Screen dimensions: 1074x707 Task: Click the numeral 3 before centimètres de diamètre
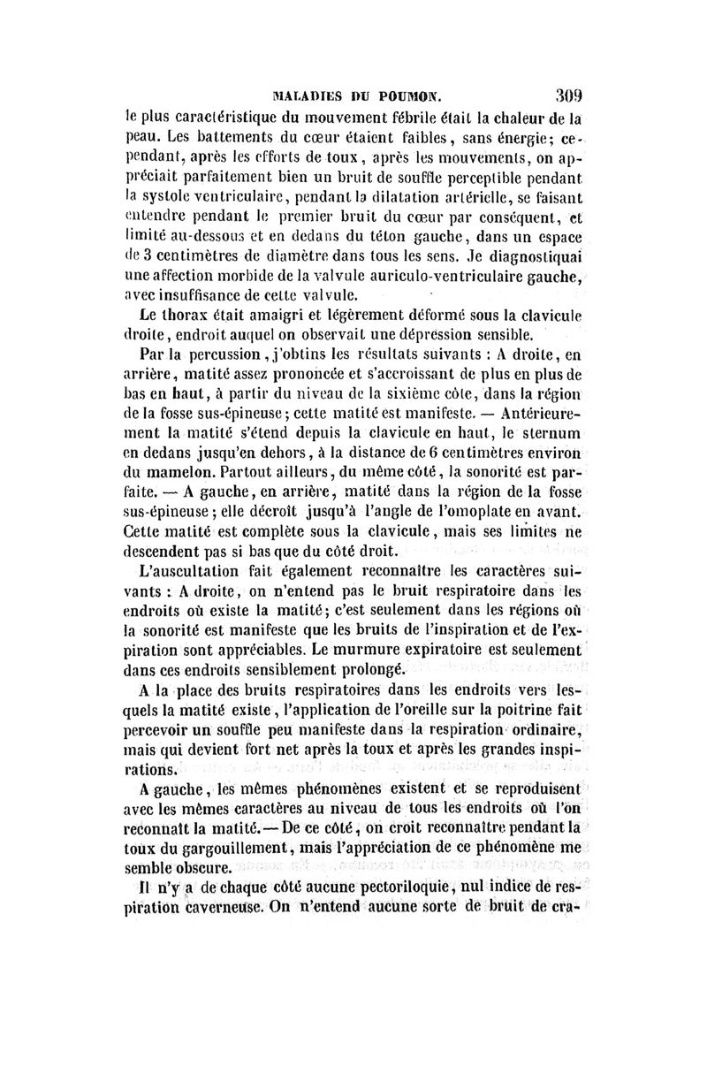tap(151, 257)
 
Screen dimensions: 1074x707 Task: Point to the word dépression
tap(442, 335)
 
